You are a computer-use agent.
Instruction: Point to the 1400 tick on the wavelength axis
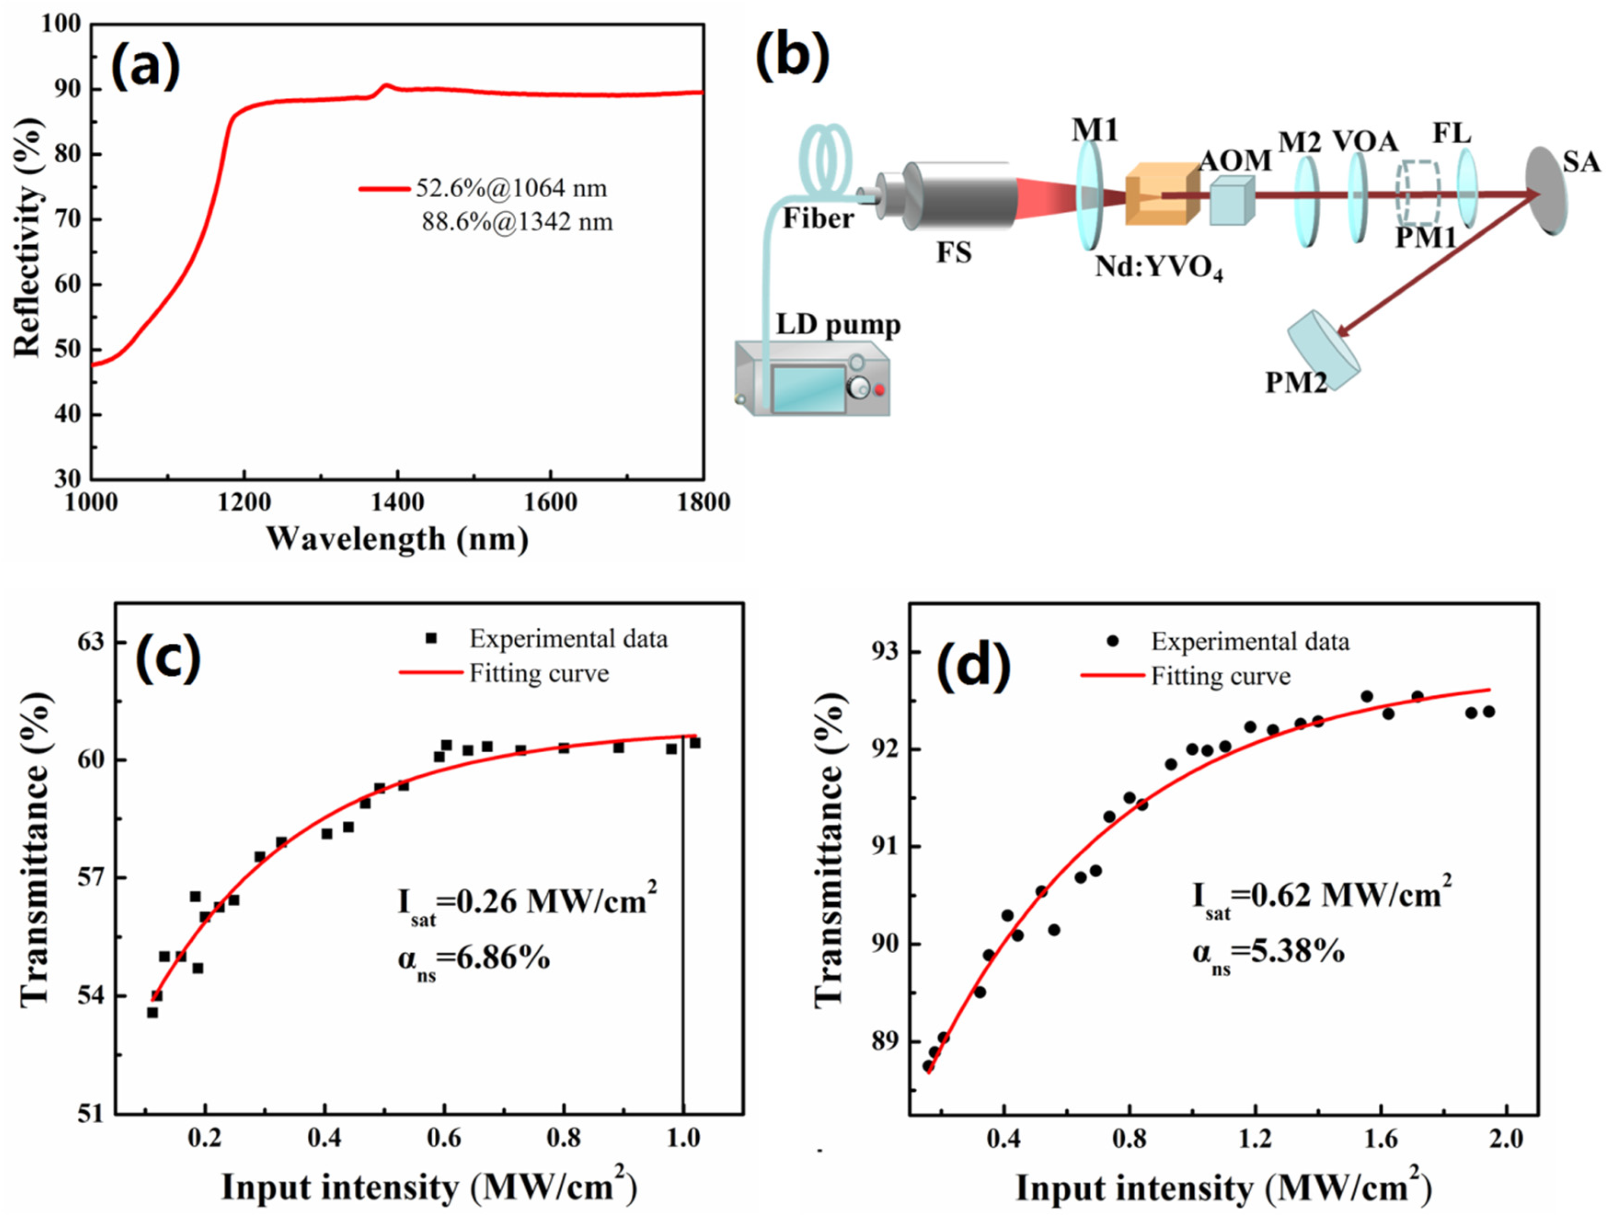397,503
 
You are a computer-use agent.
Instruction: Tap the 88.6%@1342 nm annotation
517,221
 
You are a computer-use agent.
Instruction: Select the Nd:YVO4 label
1158,269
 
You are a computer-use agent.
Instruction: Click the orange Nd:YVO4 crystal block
1161,194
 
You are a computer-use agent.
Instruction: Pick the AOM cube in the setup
1231,202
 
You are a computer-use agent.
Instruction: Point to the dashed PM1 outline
1417,193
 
